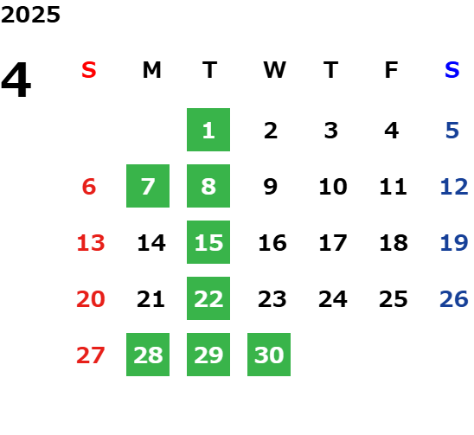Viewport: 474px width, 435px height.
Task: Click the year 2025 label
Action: (30, 15)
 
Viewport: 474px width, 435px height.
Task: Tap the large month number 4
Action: (16, 80)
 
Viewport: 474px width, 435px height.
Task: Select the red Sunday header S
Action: (89, 70)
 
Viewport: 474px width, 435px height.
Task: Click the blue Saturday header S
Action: (452, 70)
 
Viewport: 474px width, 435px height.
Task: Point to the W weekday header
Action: (274, 70)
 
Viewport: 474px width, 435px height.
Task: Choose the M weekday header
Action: (151, 70)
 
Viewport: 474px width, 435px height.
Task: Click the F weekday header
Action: (392, 70)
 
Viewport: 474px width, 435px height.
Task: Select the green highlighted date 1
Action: (208, 130)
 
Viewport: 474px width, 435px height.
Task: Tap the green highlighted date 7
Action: (148, 186)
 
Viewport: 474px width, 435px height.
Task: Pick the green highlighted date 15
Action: (208, 242)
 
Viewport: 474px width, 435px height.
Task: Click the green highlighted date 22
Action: (208, 298)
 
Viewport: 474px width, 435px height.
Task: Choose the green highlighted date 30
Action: (269, 355)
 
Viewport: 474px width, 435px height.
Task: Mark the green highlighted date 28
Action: (148, 355)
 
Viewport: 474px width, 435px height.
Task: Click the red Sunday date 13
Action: (91, 243)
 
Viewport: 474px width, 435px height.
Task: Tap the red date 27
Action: (91, 355)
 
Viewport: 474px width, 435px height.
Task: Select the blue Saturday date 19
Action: (454, 243)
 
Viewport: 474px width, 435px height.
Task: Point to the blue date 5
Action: (452, 131)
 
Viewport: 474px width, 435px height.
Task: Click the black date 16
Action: (272, 243)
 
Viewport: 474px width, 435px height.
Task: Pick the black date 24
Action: (333, 299)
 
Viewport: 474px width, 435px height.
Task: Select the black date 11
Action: (393, 187)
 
